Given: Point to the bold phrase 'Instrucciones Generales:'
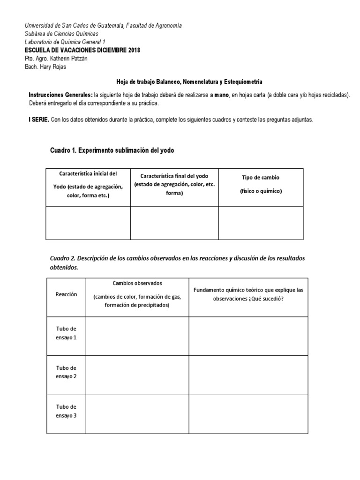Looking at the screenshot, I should click(60, 95).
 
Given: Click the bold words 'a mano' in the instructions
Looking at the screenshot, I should click(220, 95).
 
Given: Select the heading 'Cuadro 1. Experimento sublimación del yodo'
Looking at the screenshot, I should click(112, 150).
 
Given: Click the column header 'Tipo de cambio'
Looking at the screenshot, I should click(260, 178).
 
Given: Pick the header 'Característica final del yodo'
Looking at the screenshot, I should click(174, 176).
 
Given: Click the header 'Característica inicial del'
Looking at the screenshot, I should click(88, 173).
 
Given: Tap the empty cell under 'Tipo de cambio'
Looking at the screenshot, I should click(261, 223).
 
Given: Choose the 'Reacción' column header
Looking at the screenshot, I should click(66, 294).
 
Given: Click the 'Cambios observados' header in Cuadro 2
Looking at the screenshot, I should click(137, 283).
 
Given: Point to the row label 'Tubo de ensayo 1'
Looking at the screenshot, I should click(66, 333).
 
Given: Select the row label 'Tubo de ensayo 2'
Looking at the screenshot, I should click(66, 372).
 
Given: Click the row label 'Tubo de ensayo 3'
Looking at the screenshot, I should click(66, 411).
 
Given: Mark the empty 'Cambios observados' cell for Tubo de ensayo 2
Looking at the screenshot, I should click(137, 375).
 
